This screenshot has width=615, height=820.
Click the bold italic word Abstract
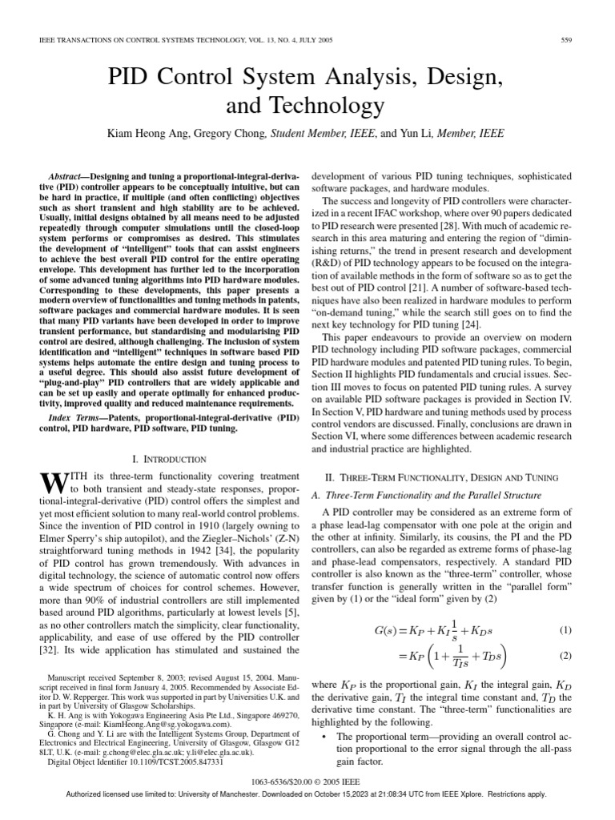click(68, 175)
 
